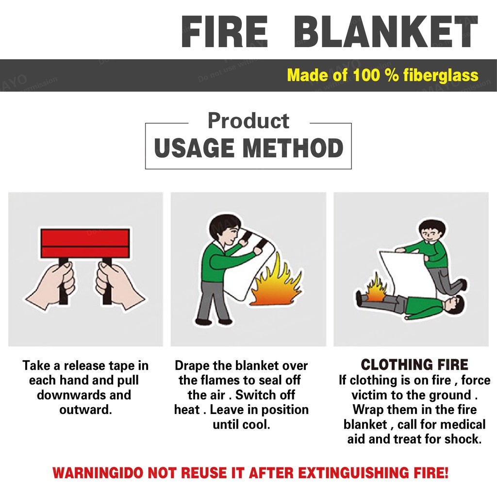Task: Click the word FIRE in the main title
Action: point(225,32)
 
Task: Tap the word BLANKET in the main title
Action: point(386,32)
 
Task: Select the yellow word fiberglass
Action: point(441,75)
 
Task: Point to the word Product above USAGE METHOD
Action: point(248,121)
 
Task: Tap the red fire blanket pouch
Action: point(85,243)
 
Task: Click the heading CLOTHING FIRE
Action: point(414,364)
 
